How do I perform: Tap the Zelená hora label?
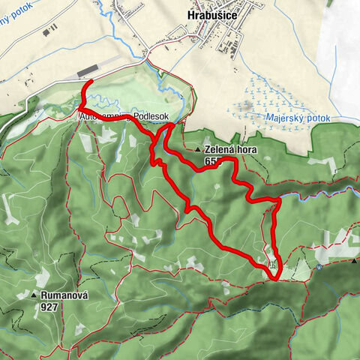229,149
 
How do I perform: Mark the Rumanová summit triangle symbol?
34,295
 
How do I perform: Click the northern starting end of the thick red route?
90,81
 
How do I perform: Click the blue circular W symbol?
319,265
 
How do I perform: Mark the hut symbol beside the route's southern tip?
274,264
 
